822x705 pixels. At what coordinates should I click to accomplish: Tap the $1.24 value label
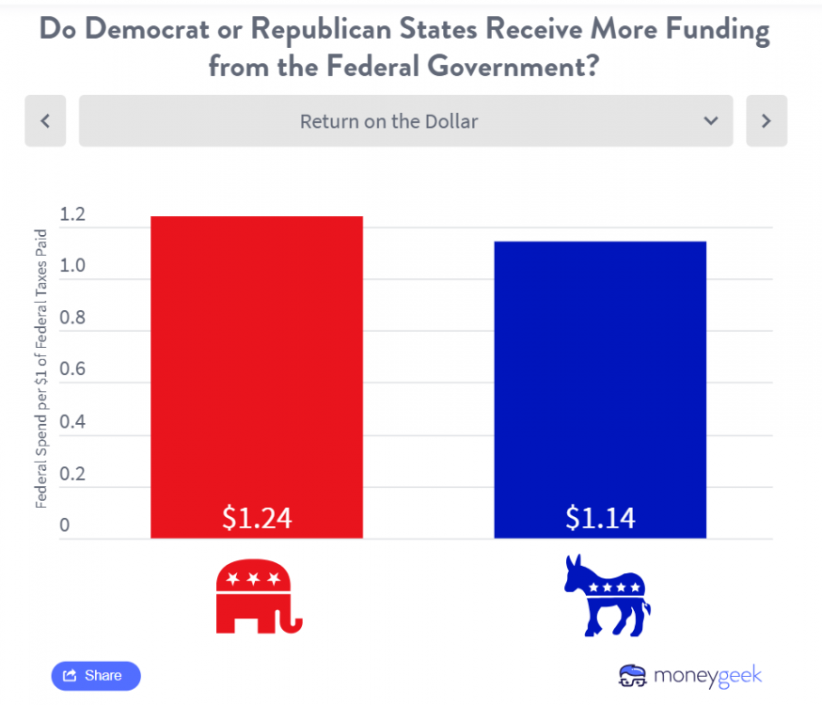tap(257, 517)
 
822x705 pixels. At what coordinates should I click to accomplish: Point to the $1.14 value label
tap(600, 517)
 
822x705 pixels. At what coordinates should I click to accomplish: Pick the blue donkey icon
tap(607, 595)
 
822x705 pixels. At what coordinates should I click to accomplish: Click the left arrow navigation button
tap(45, 120)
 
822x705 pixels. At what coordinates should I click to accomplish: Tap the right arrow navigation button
tap(767, 120)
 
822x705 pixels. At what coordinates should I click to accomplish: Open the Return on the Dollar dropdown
tap(389, 121)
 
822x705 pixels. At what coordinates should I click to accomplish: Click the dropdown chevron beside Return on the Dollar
tap(711, 121)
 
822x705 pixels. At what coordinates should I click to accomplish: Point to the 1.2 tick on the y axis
tap(72, 215)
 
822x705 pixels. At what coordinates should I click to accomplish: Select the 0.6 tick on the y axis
tap(72, 369)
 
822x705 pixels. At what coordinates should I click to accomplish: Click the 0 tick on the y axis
tap(65, 525)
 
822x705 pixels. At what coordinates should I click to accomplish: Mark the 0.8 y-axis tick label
tap(72, 318)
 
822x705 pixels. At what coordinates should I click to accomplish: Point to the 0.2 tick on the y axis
tap(72, 473)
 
